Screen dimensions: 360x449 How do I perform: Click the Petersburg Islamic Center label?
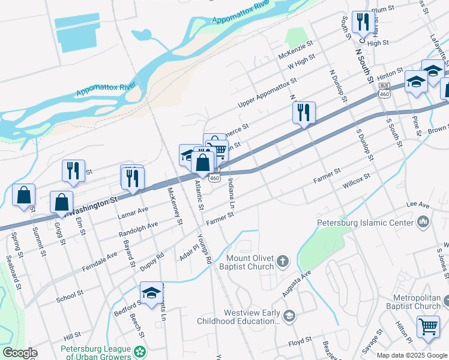[x=365, y=223]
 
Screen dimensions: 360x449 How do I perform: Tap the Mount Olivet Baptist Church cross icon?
[x=283, y=262]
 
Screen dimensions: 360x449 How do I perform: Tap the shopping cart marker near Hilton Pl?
[x=428, y=326]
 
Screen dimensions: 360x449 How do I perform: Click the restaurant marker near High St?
[x=361, y=23]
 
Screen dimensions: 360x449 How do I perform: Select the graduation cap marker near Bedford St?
[x=152, y=293]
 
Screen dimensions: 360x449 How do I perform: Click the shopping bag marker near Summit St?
[x=23, y=194]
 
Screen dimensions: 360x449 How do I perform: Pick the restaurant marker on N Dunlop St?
[x=304, y=112]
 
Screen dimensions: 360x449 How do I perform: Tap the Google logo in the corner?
[x=19, y=353]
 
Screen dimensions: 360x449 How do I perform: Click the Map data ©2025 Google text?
[x=412, y=355]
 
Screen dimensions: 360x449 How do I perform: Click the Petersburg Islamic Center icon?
[x=424, y=223]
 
